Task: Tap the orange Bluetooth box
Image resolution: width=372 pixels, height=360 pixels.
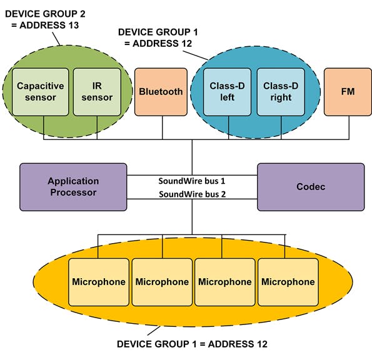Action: click(161, 92)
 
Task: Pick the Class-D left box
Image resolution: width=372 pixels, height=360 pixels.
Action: click(228, 92)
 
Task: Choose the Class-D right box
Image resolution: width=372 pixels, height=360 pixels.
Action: click(280, 92)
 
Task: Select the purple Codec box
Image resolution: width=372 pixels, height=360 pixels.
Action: click(310, 187)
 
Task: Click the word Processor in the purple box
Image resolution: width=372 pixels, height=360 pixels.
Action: click(73, 192)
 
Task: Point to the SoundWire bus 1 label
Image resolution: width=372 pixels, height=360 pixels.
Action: click(192, 181)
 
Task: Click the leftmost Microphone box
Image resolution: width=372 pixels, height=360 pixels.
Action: click(99, 282)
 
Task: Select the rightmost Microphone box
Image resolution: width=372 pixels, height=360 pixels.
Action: click(288, 282)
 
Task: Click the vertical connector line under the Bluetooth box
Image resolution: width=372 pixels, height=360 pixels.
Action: click(162, 127)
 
